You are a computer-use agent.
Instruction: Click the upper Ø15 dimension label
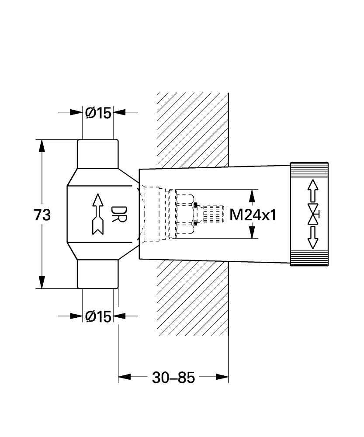(98, 113)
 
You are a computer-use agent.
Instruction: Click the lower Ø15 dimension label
(98, 316)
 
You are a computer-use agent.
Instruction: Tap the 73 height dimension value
(42, 215)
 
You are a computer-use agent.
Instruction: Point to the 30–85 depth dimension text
(173, 377)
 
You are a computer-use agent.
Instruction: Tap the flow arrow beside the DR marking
(97, 214)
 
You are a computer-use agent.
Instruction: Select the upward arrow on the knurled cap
(312, 191)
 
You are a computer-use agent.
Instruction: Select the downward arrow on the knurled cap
(312, 237)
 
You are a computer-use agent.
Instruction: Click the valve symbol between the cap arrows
(312, 214)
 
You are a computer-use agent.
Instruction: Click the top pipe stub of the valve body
(97, 153)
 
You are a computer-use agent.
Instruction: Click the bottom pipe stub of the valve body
(97, 274)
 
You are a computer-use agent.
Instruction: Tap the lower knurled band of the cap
(309, 258)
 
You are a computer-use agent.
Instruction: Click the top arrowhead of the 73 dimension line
(42, 146)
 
